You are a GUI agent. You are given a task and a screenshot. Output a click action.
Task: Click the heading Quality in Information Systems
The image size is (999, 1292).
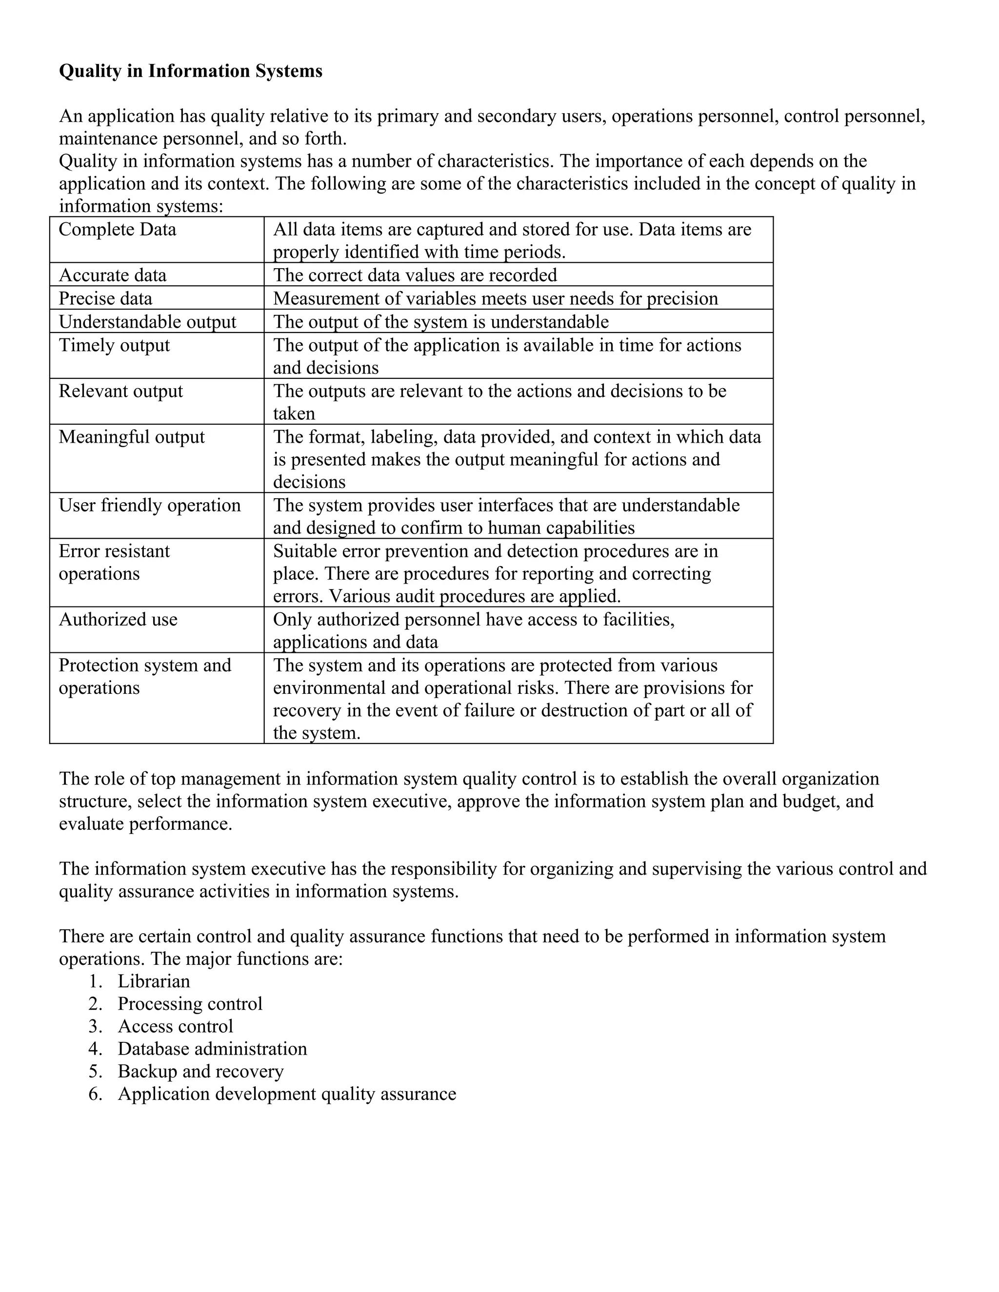tap(191, 71)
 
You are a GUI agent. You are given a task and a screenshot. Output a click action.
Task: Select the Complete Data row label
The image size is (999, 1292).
tap(117, 230)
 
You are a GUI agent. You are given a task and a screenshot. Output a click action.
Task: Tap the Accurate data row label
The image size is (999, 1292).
tap(113, 275)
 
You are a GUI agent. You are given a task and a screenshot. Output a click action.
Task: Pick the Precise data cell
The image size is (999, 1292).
tap(105, 298)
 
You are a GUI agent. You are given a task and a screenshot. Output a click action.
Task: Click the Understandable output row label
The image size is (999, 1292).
tap(147, 322)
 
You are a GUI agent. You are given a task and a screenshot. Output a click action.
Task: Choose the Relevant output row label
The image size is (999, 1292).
tap(121, 391)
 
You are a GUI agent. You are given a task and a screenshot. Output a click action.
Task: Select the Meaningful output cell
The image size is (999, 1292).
tap(131, 437)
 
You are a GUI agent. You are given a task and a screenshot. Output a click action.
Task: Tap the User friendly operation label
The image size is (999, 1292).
tap(150, 505)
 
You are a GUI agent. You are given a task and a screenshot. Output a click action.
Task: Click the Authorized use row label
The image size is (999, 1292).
tap(118, 619)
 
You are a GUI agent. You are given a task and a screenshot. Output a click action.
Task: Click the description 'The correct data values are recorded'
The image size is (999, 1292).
tap(415, 275)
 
